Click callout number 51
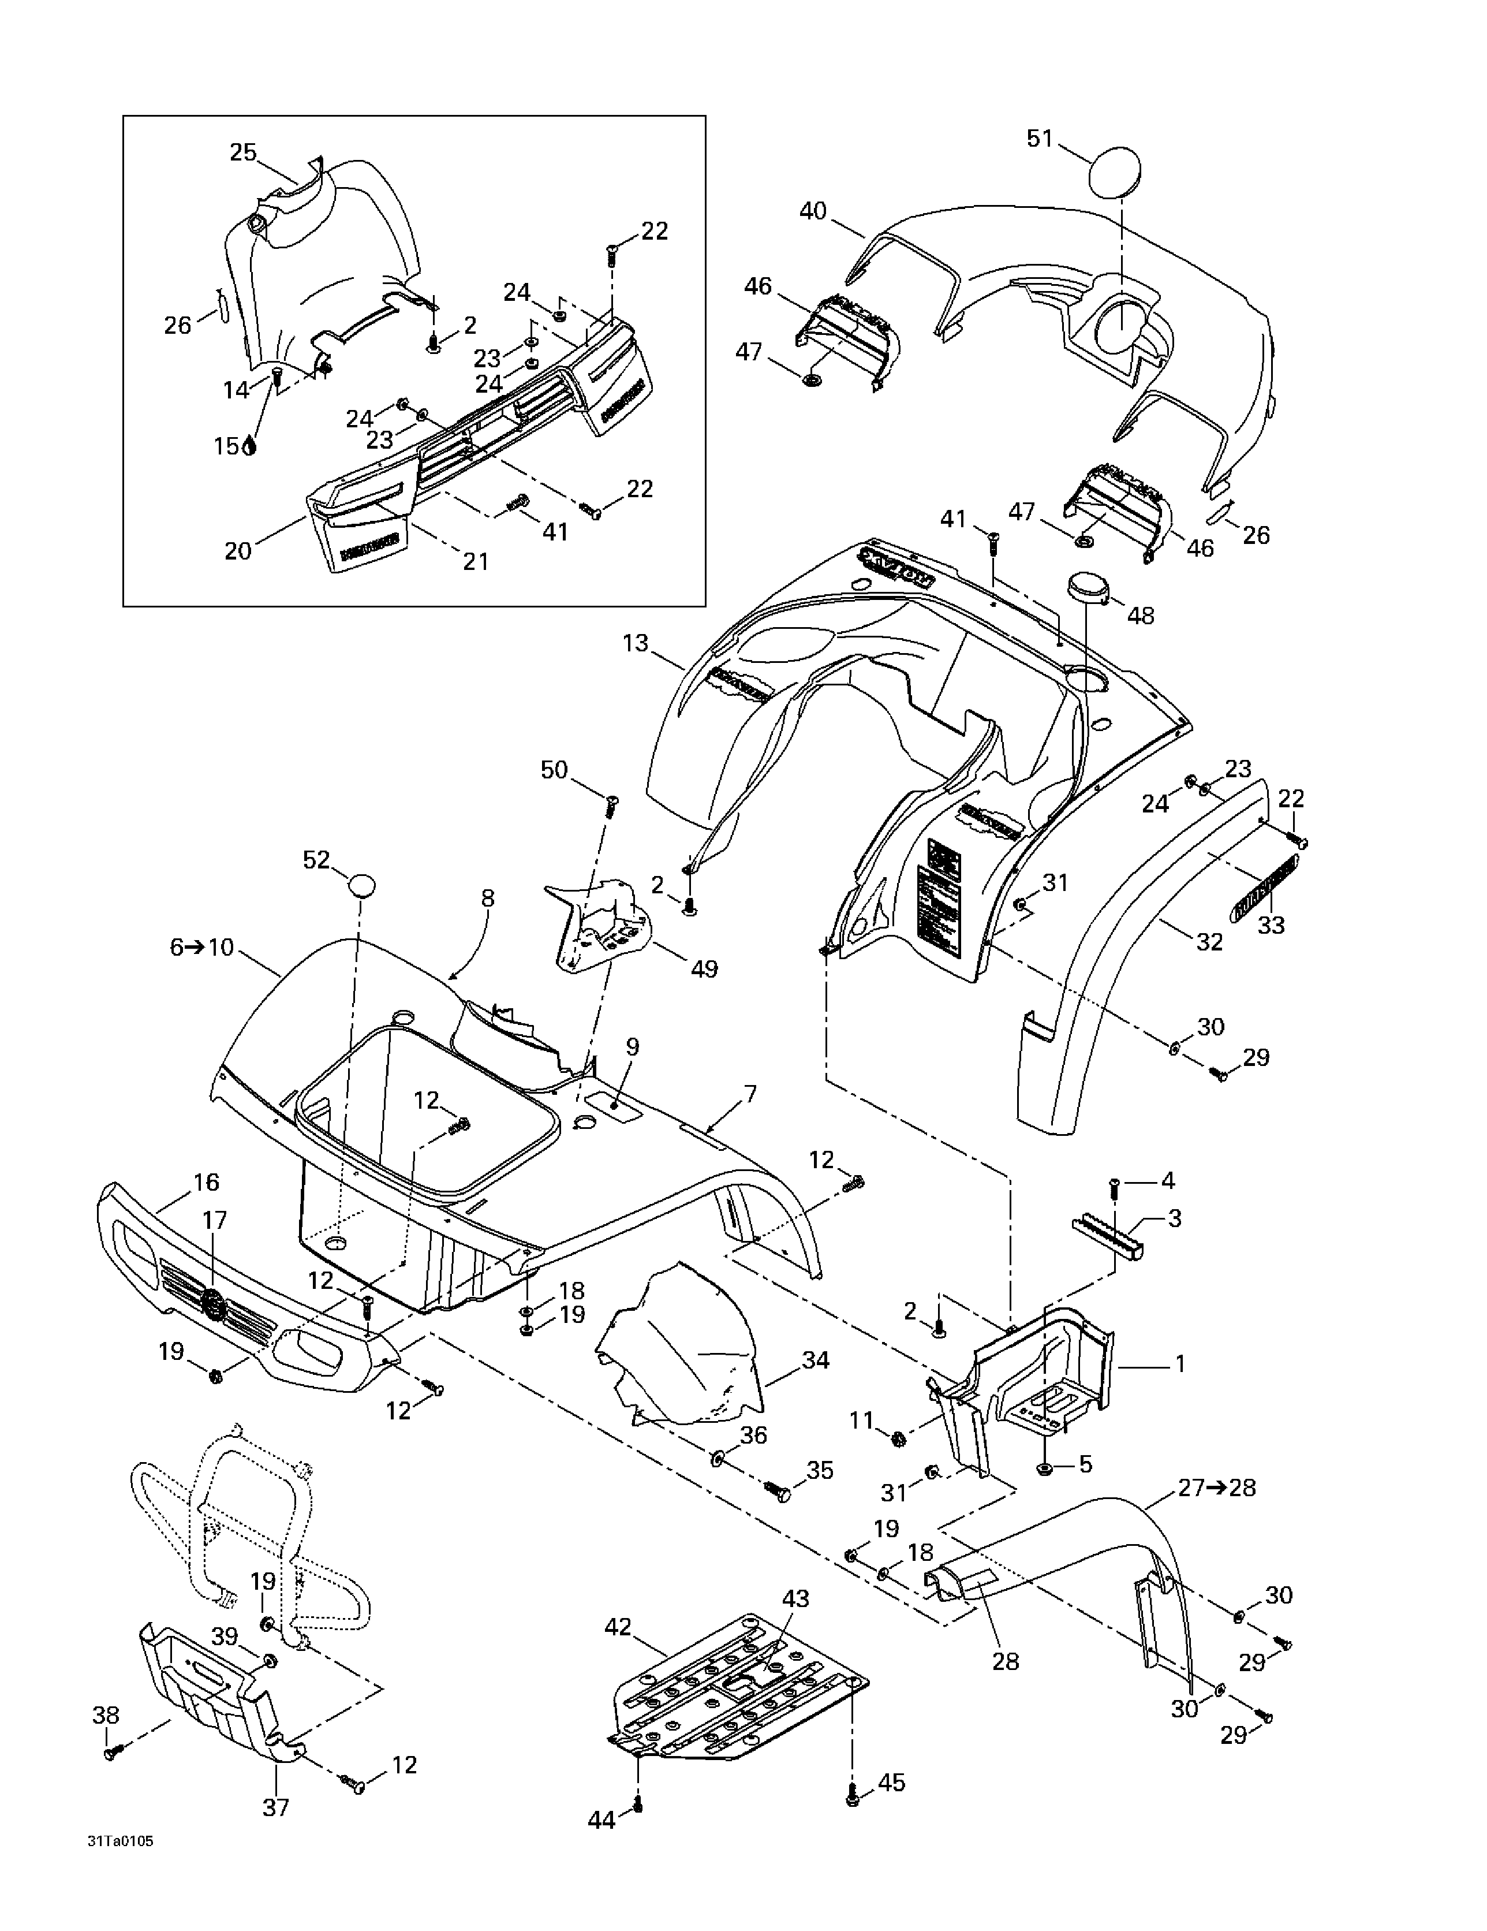[1040, 139]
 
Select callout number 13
[636, 644]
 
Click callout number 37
[276, 1807]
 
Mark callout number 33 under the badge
[1271, 925]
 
